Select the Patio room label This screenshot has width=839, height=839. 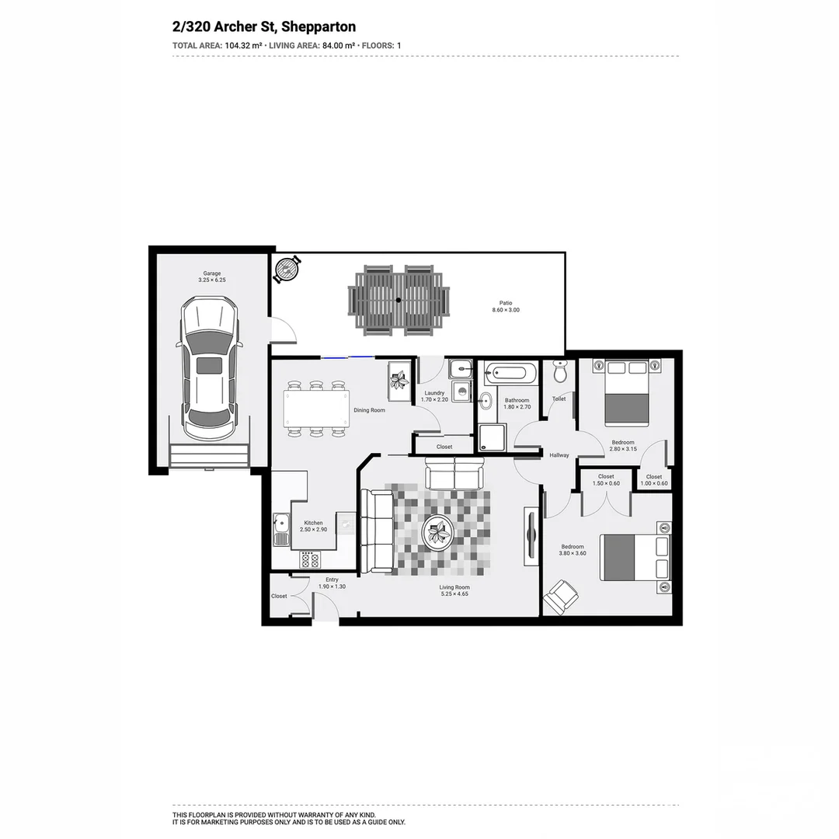[506, 303]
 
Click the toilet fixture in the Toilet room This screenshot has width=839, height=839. [559, 372]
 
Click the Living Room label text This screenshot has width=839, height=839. [454, 587]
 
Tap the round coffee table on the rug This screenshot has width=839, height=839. [439, 533]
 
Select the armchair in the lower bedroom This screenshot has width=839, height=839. [561, 597]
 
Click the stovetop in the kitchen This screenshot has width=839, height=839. [311, 559]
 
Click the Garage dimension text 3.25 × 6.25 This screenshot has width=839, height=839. [212, 280]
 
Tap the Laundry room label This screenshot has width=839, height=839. [433, 393]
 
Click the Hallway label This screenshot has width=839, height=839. [559, 455]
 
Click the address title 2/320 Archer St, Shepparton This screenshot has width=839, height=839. [264, 27]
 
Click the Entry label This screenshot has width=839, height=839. [332, 580]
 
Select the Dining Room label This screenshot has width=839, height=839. [369, 410]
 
